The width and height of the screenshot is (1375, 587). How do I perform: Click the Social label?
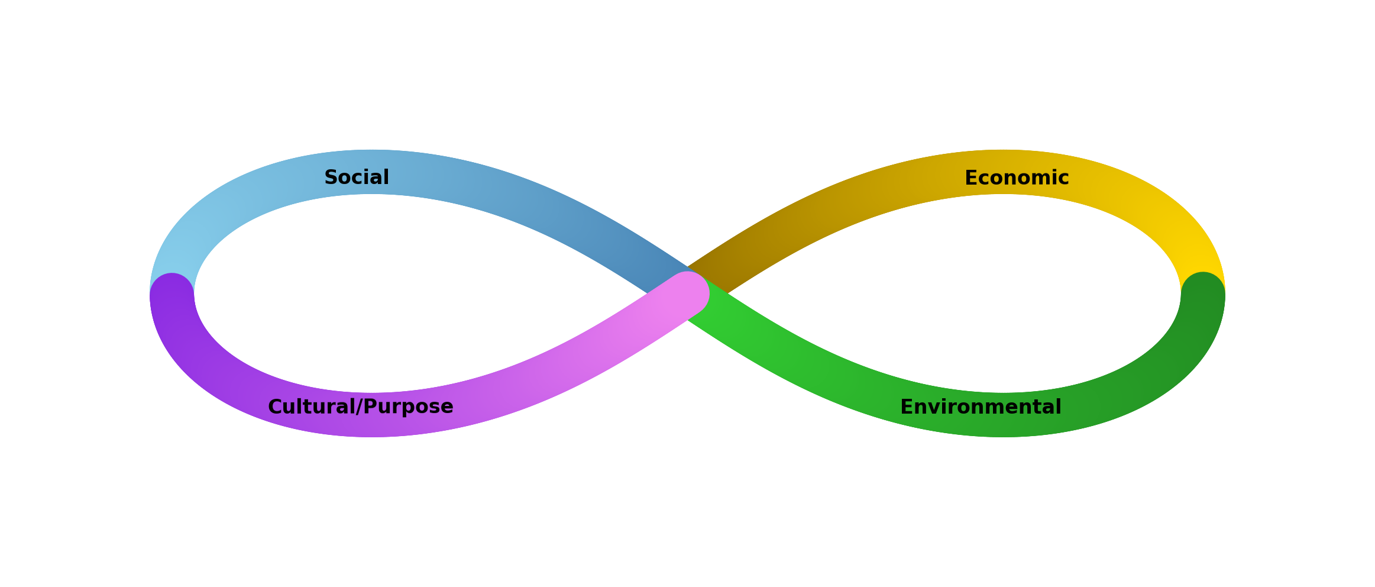tap(357, 178)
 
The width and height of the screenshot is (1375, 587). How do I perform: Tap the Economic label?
tap(1016, 178)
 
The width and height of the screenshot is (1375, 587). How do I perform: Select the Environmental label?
tap(980, 407)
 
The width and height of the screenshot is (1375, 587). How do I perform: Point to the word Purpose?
tap(409, 407)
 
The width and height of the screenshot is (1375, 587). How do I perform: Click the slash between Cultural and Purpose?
tap(358, 407)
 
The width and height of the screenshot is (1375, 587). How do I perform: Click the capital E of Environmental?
tap(905, 407)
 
